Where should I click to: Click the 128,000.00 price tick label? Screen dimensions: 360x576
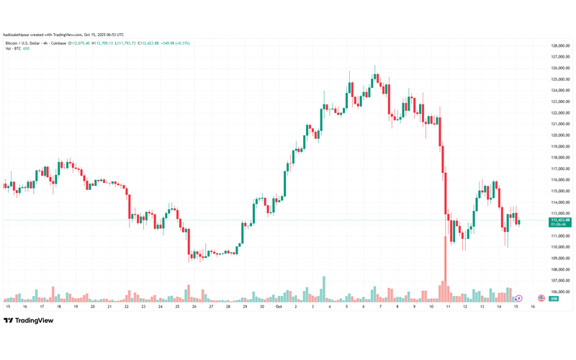click(559, 45)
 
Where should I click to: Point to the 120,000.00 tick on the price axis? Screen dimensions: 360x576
click(559, 135)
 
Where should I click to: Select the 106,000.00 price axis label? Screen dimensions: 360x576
click(559, 292)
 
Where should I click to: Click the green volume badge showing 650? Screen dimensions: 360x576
click(554, 299)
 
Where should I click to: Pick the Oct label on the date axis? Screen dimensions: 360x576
click(279, 306)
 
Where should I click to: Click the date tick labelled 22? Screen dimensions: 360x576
click(127, 306)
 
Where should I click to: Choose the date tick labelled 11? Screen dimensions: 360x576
click(447, 306)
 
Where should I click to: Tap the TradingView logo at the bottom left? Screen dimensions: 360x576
click(27, 321)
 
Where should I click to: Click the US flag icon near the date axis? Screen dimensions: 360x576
click(541, 298)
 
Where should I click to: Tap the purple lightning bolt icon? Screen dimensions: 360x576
click(518, 298)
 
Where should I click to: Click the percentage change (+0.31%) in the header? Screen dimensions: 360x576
click(181, 43)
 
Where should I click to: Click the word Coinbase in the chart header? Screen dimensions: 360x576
click(58, 43)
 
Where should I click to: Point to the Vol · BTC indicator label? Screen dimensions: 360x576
click(13, 49)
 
